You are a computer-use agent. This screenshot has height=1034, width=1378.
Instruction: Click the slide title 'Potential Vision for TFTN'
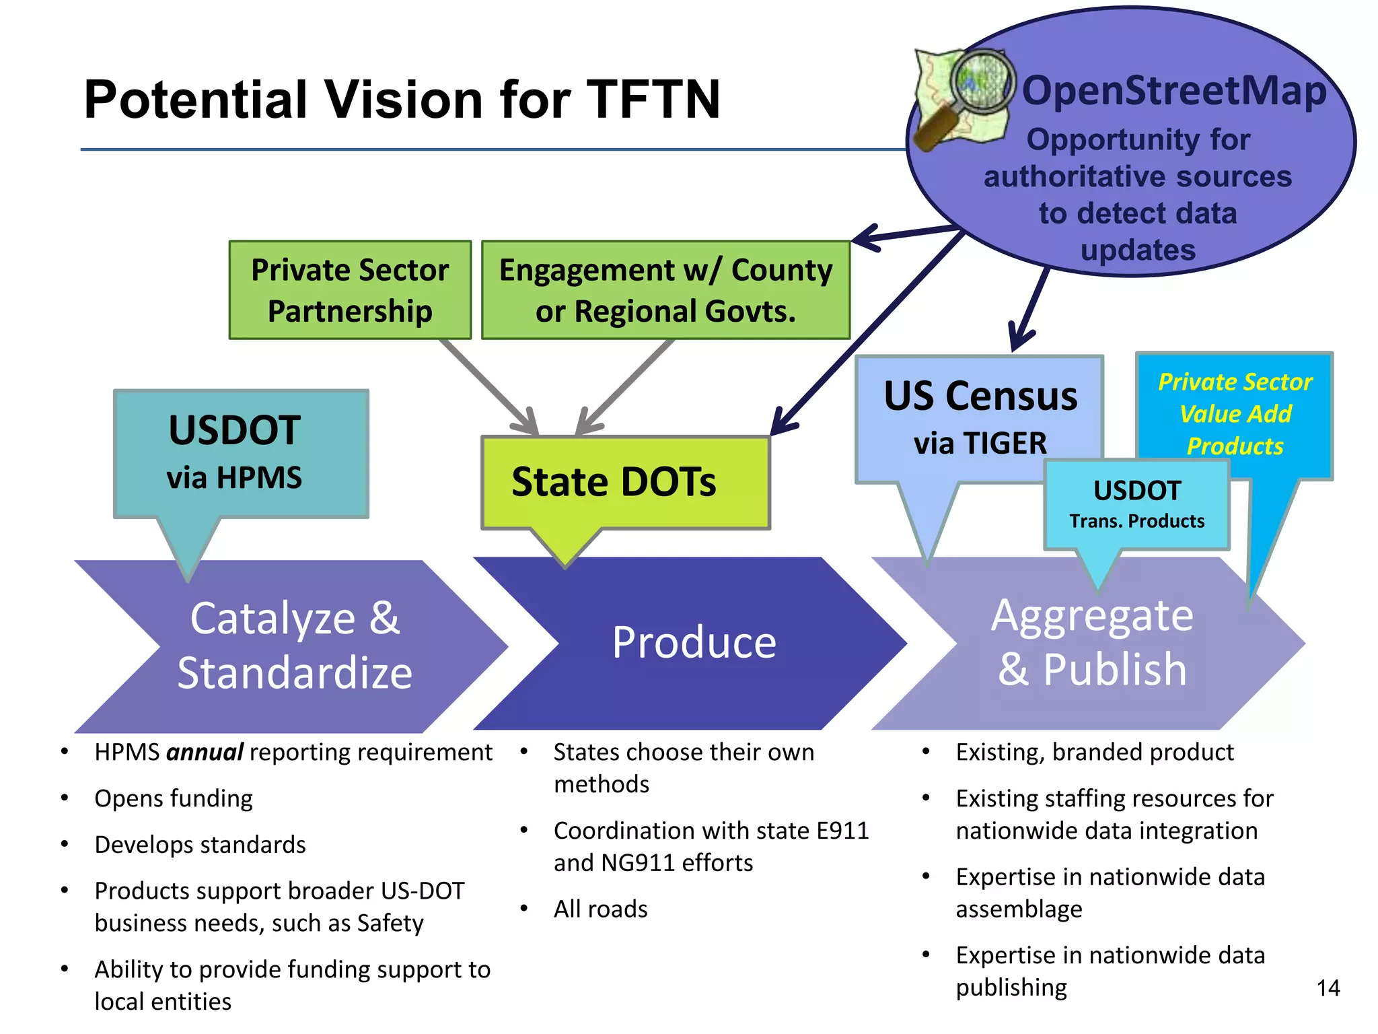[402, 100]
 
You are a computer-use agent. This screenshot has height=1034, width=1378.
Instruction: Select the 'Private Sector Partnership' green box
[350, 290]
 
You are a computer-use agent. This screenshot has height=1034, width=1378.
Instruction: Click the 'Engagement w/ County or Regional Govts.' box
[665, 290]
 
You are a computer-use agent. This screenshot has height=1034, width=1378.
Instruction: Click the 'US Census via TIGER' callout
[979, 417]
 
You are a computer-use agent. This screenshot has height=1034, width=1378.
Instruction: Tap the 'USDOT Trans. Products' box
[1136, 504]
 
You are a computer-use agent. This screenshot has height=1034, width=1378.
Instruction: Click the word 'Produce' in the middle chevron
[694, 642]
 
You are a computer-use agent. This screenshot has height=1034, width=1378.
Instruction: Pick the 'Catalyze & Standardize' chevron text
[295, 645]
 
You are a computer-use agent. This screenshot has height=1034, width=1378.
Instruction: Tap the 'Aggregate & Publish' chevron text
[1091, 642]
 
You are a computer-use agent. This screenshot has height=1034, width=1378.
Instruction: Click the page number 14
[1328, 988]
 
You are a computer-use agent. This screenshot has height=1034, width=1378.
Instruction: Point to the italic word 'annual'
[205, 752]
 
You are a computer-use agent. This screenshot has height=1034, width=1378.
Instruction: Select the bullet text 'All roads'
[600, 909]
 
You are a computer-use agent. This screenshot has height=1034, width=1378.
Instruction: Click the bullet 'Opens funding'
[174, 798]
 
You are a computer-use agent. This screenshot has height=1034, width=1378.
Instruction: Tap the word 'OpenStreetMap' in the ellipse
[1173, 91]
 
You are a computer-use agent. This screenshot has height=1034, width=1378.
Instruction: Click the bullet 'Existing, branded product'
[1095, 752]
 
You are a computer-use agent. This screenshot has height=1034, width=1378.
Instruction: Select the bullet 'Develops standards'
[201, 844]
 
